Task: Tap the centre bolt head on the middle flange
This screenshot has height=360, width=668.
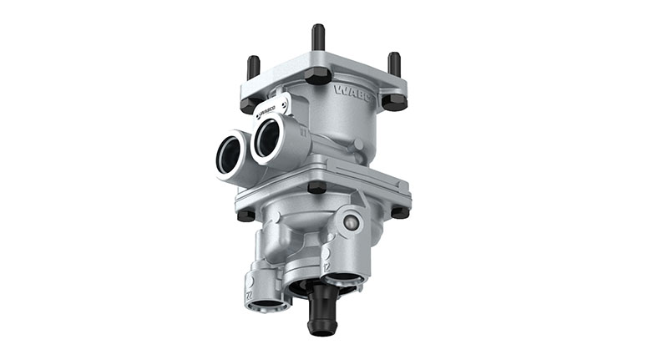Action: click(x=316, y=187)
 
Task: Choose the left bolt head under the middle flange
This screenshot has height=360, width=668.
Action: click(x=246, y=215)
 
